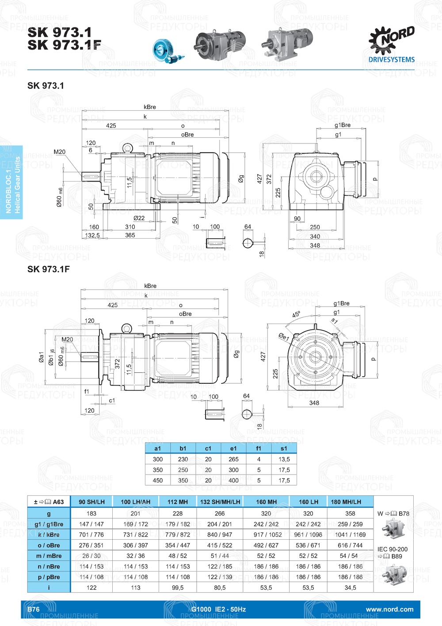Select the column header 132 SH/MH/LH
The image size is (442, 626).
click(220, 502)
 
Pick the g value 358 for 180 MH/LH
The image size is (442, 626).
click(350, 514)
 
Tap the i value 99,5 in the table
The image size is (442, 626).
click(178, 587)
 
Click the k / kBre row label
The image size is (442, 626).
click(49, 535)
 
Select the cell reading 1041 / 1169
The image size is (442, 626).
click(350, 535)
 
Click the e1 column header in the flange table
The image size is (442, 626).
click(233, 448)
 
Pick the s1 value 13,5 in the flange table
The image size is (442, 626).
click(284, 459)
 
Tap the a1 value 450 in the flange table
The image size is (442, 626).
click(158, 480)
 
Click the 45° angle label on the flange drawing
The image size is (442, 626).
click(296, 315)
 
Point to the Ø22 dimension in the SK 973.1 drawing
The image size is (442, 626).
click(139, 218)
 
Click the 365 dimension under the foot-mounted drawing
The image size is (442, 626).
click(130, 235)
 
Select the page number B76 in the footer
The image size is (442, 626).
click(34, 609)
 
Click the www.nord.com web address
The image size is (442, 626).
click(389, 609)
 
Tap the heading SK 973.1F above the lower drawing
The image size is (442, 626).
click(49, 269)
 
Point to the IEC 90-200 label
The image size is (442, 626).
click(392, 549)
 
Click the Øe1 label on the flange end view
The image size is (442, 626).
click(284, 337)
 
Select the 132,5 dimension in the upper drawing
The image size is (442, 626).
click(92, 235)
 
